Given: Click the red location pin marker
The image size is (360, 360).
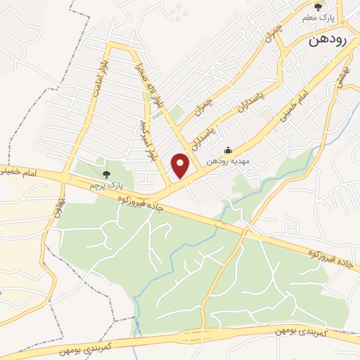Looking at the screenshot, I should [181, 166].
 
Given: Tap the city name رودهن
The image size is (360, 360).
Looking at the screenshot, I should [328, 40].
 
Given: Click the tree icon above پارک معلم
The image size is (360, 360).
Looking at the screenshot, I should [318, 6].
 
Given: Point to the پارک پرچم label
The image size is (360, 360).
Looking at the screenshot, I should [106, 184].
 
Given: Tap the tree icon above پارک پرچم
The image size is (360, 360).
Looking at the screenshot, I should [106, 173].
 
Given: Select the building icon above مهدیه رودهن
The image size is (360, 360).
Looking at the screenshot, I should [227, 150].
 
